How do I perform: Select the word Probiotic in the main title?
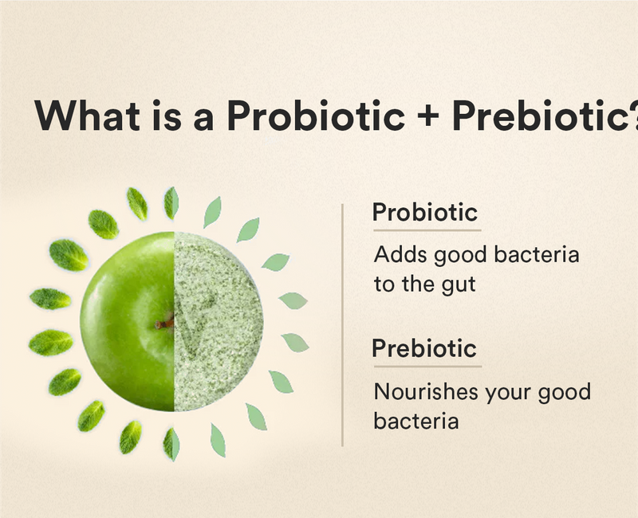[316, 116]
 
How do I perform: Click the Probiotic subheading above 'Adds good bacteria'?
[425, 213]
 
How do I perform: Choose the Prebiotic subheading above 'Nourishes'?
[425, 348]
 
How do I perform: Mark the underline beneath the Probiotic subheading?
[427, 230]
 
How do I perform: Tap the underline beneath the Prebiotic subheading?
[427, 367]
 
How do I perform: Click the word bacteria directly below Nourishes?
[415, 420]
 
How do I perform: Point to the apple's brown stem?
[166, 322]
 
